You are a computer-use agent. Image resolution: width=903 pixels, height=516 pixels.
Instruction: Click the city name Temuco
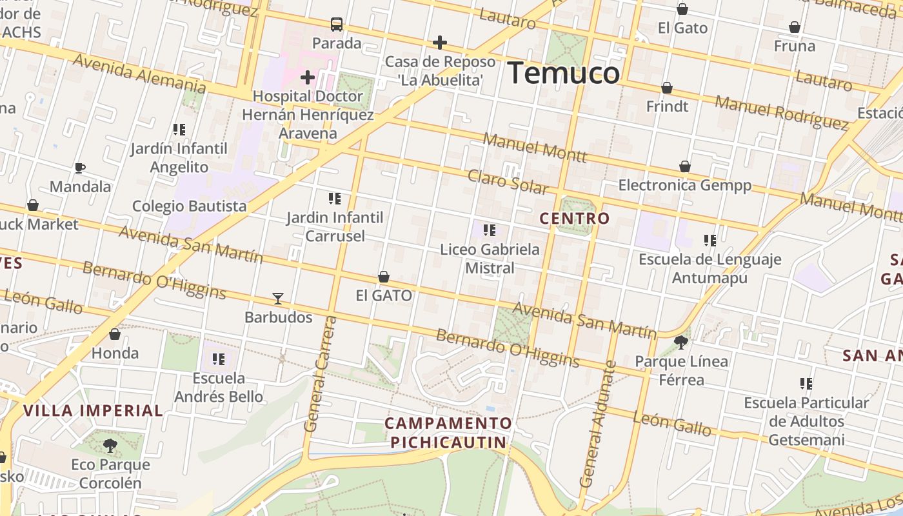[563, 73]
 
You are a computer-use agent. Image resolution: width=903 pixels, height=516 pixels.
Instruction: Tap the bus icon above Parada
[337, 25]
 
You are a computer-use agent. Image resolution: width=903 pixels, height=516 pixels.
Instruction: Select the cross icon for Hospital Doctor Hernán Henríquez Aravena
[308, 78]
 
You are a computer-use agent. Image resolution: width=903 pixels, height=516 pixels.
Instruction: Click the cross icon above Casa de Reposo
[440, 43]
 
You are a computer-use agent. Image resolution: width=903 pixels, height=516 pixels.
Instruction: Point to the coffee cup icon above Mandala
[80, 168]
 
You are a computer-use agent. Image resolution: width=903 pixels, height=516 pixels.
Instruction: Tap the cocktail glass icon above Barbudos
[278, 299]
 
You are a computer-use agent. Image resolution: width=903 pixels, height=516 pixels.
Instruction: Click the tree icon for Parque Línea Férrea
[680, 342]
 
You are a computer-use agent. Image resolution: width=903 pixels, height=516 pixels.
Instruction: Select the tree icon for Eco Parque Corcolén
[110, 445]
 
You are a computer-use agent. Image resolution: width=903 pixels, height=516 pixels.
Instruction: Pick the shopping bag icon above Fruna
[795, 27]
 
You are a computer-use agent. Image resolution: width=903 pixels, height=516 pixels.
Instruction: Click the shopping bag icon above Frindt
[667, 88]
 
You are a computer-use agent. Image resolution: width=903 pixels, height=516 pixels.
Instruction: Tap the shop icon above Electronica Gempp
[685, 167]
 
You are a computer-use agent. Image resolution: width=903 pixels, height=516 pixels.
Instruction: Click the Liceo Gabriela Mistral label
[490, 258]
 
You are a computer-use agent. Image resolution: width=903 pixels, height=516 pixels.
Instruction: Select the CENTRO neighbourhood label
[574, 219]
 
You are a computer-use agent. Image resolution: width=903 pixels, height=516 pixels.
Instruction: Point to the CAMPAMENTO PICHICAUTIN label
[448, 432]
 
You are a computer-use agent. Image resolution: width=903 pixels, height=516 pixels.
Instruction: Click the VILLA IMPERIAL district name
[93, 410]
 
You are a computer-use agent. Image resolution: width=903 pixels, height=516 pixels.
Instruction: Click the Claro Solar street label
[508, 182]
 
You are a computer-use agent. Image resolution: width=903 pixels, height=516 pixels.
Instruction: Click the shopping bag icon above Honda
[115, 334]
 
